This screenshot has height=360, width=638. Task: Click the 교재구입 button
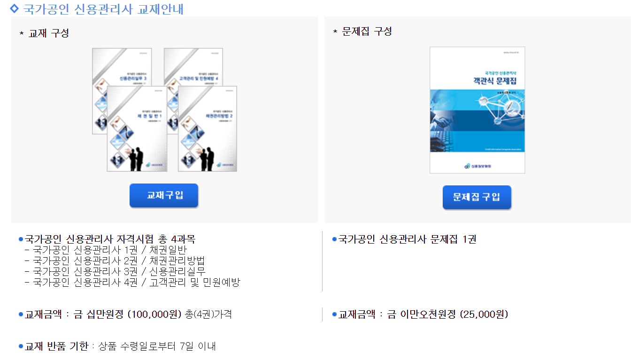(164, 195)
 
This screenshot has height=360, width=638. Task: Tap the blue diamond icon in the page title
(15, 8)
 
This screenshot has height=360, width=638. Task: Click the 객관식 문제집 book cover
(477, 110)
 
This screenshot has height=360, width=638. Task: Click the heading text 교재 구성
(48, 33)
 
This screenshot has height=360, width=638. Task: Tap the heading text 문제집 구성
(367, 31)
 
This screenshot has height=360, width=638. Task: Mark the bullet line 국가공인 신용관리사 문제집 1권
(407, 239)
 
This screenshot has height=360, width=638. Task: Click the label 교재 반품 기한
(56, 346)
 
